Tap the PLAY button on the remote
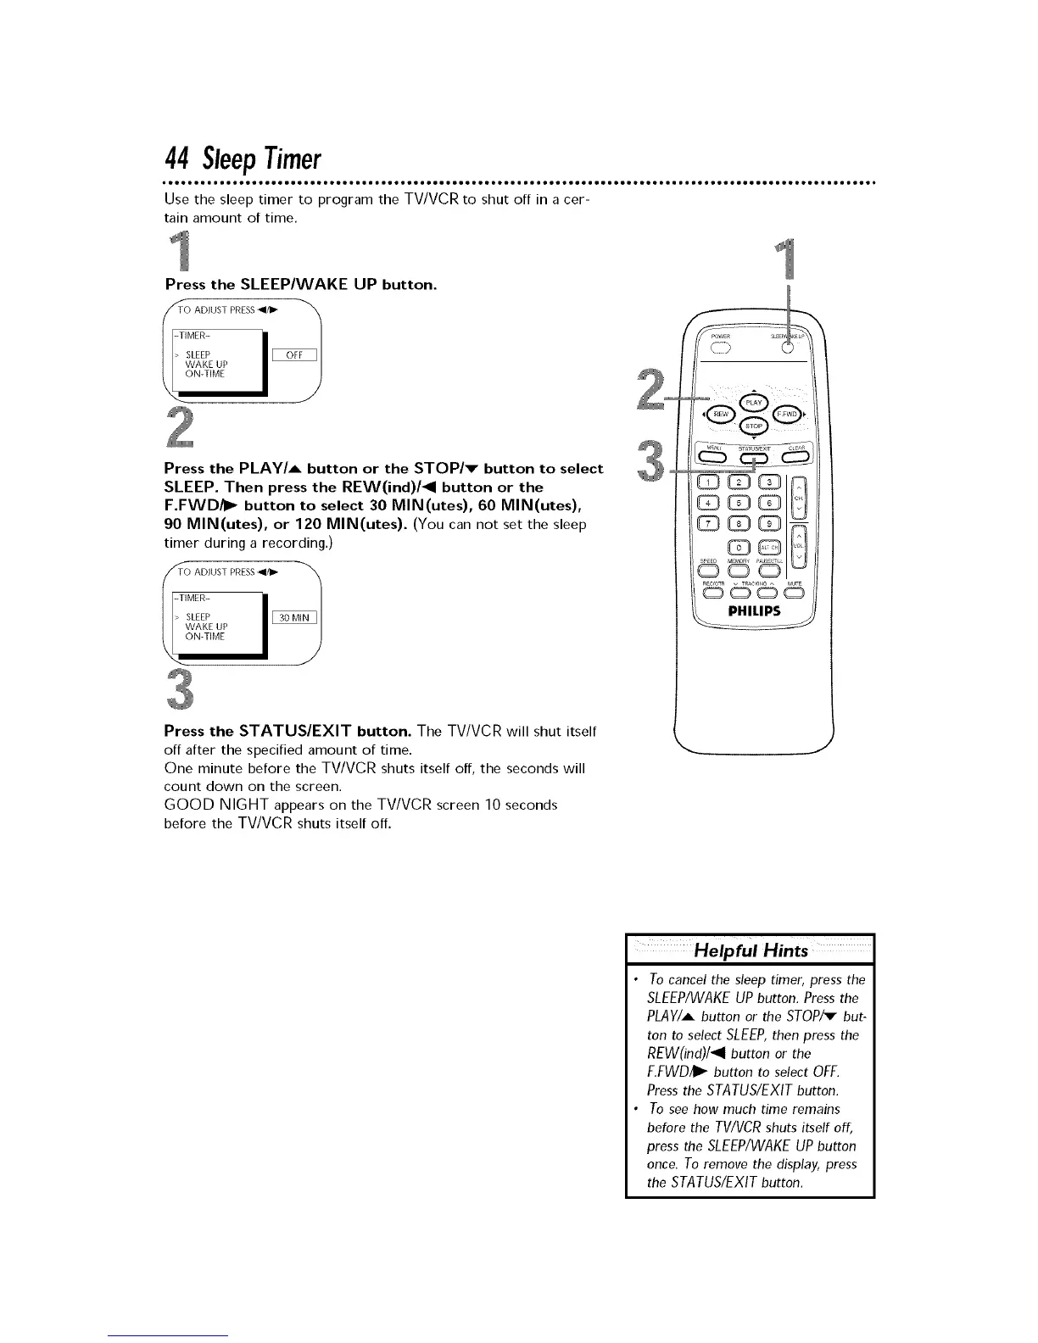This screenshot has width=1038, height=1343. (x=753, y=402)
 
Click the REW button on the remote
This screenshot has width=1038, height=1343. (x=721, y=414)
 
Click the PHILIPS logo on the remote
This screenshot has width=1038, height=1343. (x=753, y=611)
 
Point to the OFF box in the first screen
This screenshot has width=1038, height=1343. (x=294, y=355)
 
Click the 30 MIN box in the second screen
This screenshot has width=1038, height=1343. (x=294, y=617)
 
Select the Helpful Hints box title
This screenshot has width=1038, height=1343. (x=750, y=950)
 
